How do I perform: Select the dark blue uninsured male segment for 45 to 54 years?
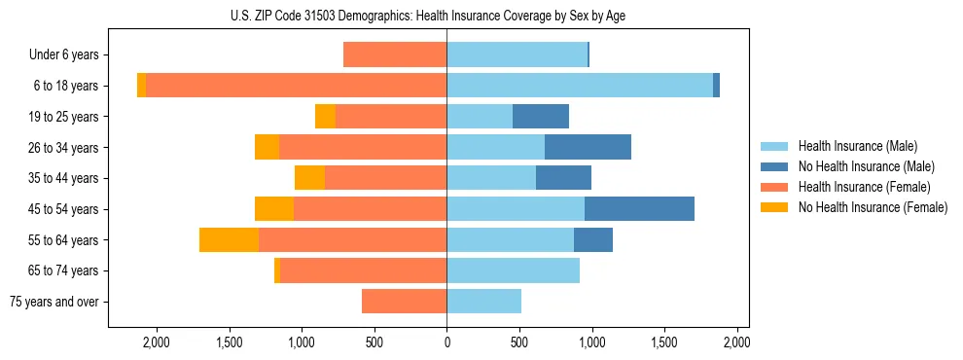(639, 208)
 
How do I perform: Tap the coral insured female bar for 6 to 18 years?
(296, 85)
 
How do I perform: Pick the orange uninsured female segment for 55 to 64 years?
(229, 239)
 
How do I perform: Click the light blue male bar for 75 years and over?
(483, 302)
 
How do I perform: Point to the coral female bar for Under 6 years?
(395, 54)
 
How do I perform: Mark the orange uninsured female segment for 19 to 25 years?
(325, 116)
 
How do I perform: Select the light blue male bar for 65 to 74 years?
(513, 270)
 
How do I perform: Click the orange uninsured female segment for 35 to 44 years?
(309, 178)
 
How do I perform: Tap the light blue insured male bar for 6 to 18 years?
(580, 85)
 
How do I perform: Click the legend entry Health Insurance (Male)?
(857, 146)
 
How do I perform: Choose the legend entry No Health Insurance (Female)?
(872, 207)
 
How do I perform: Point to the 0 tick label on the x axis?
(446, 342)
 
